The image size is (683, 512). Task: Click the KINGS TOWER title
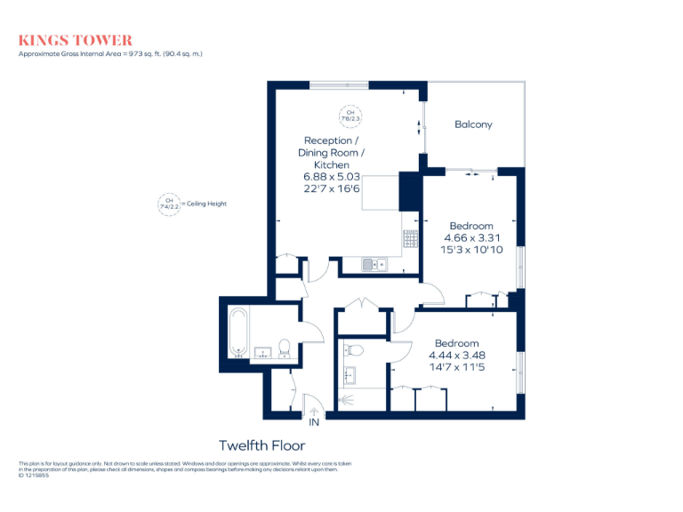tap(76, 40)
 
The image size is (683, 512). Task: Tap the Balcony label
tap(473, 124)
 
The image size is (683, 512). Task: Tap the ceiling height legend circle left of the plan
tap(165, 204)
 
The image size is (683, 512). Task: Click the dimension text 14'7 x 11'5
tap(457, 367)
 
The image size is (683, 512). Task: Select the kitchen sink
tap(374, 264)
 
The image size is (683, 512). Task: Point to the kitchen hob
tap(411, 239)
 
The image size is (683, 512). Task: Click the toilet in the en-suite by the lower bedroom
tap(352, 348)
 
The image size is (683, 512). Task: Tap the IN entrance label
tap(313, 422)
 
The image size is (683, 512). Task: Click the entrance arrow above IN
tap(313, 409)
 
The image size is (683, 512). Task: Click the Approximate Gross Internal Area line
tap(111, 54)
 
